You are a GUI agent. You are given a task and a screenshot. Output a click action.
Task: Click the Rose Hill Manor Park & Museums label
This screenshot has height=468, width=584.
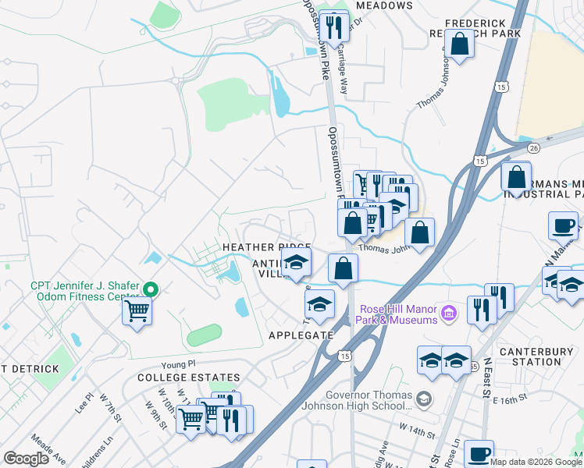[x=397, y=314]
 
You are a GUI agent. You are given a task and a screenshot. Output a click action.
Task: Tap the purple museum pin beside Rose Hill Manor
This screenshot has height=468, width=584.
[x=448, y=314]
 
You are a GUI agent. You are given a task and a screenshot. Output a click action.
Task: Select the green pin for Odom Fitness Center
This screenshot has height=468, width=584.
[x=153, y=289]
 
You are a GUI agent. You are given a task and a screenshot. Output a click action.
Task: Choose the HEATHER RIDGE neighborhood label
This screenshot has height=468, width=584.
[x=267, y=246]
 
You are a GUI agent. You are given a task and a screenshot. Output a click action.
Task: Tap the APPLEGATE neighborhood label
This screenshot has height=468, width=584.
[x=301, y=335]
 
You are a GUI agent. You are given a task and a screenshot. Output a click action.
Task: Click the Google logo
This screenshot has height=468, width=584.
[x=27, y=459]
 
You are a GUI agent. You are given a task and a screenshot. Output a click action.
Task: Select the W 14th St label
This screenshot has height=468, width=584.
[x=415, y=428]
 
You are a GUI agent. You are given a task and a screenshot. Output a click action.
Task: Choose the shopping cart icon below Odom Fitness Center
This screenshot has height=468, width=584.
[x=137, y=310]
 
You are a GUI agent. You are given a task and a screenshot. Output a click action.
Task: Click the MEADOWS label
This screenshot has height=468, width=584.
[x=383, y=5]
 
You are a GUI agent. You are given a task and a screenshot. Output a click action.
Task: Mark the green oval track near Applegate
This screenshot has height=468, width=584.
[x=204, y=335]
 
